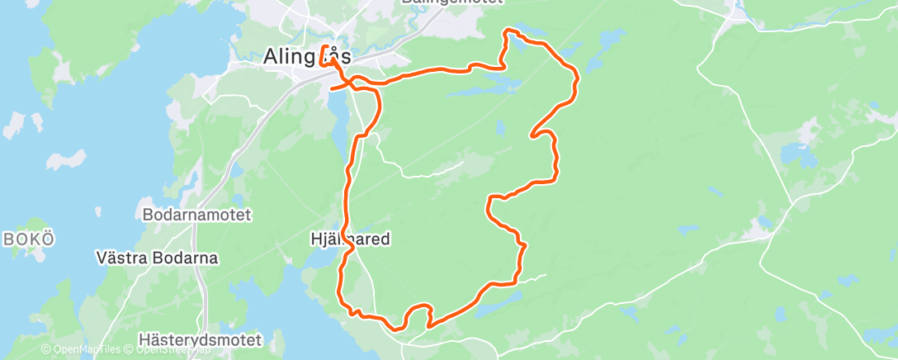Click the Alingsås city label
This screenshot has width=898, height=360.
point(306,57)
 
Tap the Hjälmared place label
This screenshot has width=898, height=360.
point(349,239)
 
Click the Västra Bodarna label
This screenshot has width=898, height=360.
point(157,258)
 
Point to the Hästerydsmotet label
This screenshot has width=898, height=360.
point(201,339)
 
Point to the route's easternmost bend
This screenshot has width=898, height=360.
point(575,78)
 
